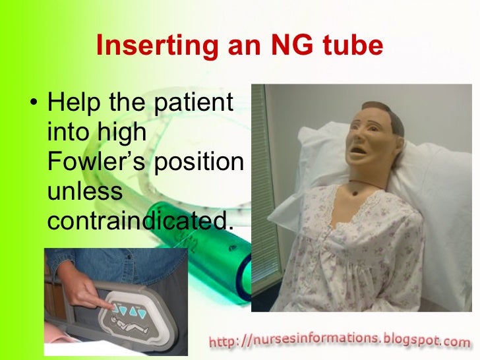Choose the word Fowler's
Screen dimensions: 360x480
[x=97, y=162]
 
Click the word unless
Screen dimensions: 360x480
[x=85, y=192]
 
